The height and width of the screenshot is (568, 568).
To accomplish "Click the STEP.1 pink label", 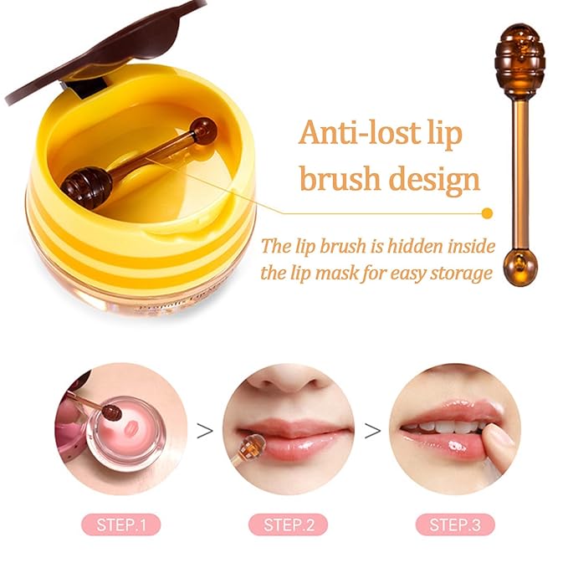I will click(x=121, y=525).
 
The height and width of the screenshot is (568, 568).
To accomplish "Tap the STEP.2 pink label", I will click(x=289, y=525).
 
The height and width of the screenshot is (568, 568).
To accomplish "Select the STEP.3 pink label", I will click(x=456, y=525).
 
